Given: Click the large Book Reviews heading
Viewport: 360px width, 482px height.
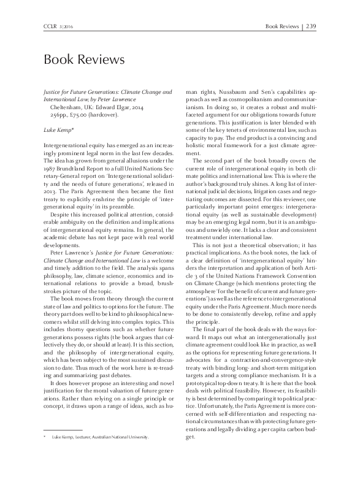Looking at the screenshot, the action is [x=83, y=59].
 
